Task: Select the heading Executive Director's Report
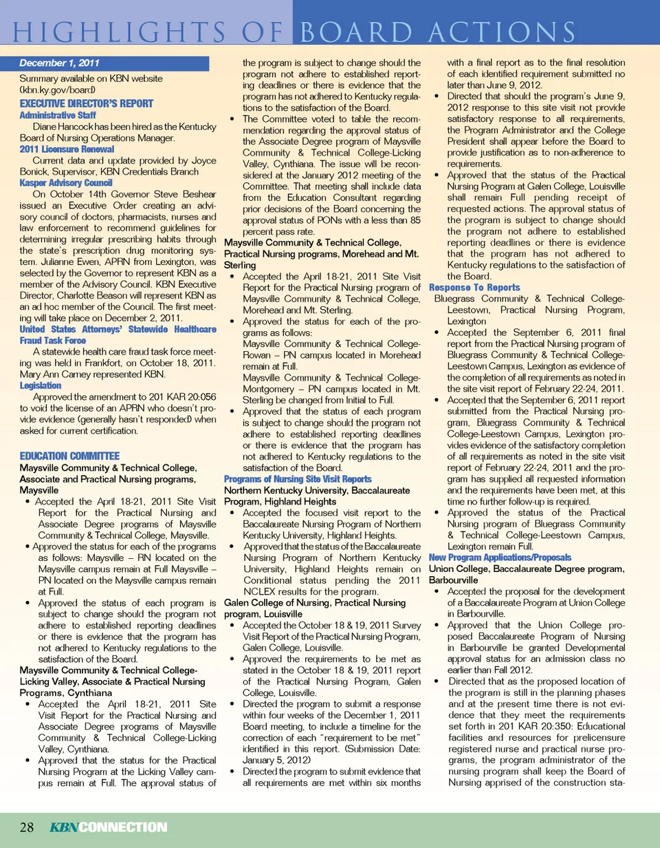point(86,103)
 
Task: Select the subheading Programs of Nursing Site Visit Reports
point(298,479)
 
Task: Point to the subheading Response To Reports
point(474,287)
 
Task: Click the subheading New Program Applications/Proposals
point(500,557)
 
